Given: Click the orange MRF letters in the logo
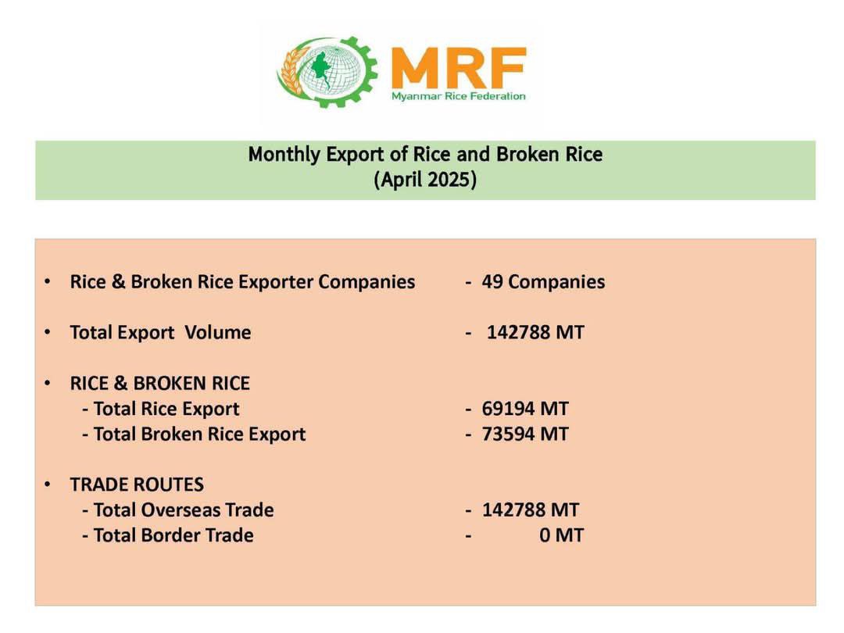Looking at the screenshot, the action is coord(459,68).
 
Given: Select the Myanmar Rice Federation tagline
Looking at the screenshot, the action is coord(459,96).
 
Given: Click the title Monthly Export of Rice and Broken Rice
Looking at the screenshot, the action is coord(425,155).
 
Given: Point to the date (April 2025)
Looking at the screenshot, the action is coord(425,179).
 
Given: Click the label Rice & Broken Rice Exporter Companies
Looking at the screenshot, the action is coord(242,281).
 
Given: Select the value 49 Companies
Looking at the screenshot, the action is coord(543,281).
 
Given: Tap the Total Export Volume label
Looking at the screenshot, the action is coord(160,332).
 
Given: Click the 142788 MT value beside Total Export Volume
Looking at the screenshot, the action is coord(535,332).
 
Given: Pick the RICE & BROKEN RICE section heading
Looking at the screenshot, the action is coord(160,383).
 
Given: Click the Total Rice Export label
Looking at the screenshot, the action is coord(166,409).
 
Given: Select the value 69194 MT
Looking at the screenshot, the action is coord(525,409).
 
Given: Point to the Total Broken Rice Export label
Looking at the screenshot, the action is coord(200,434).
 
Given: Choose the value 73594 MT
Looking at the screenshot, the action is coord(525,434).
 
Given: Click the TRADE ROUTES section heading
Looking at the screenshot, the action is coord(137,485).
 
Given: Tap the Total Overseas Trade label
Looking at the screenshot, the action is coord(184,510).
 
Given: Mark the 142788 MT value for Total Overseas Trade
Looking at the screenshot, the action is coord(530,510).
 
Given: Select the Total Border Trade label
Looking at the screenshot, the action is coord(173,535).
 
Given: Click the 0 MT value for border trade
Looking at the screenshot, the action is coord(561,535).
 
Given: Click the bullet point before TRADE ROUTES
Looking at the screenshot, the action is coord(48,485).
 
